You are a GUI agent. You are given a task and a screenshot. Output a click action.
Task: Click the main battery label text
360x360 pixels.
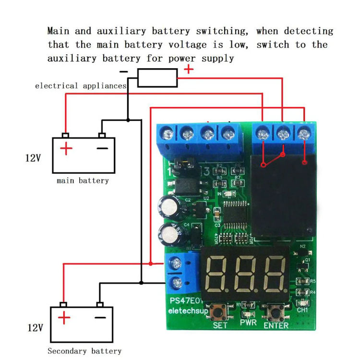point(83,181)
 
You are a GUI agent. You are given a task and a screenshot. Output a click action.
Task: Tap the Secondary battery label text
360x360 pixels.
point(84,351)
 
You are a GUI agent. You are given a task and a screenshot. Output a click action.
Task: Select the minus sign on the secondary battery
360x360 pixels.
point(100,317)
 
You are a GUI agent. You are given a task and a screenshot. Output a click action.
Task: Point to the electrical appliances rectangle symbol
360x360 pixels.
point(157,77)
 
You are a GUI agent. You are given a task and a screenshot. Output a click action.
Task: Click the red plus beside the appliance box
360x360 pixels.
point(189,69)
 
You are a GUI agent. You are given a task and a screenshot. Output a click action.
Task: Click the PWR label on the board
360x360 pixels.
point(249,323)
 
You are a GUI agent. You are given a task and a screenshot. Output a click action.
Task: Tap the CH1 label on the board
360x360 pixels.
point(302,310)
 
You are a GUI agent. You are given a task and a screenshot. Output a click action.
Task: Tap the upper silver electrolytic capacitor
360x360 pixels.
point(170,208)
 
